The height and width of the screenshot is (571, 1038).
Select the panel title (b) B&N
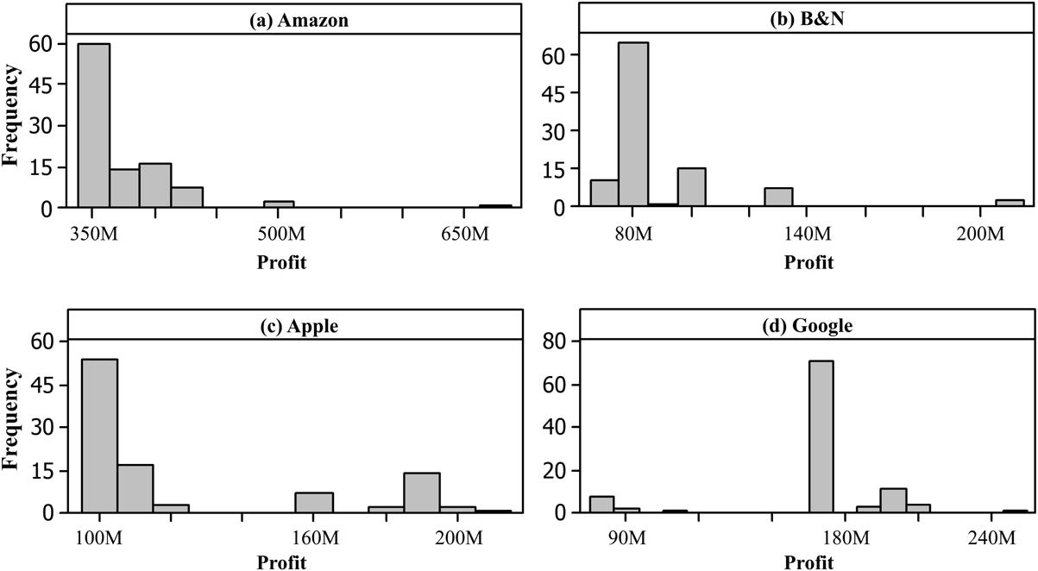point(808,20)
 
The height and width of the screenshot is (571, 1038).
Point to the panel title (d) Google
point(808,327)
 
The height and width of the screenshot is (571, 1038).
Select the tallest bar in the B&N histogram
point(633,124)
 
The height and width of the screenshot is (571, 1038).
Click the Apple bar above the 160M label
point(314,502)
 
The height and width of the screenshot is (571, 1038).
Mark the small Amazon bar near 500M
point(279,204)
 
